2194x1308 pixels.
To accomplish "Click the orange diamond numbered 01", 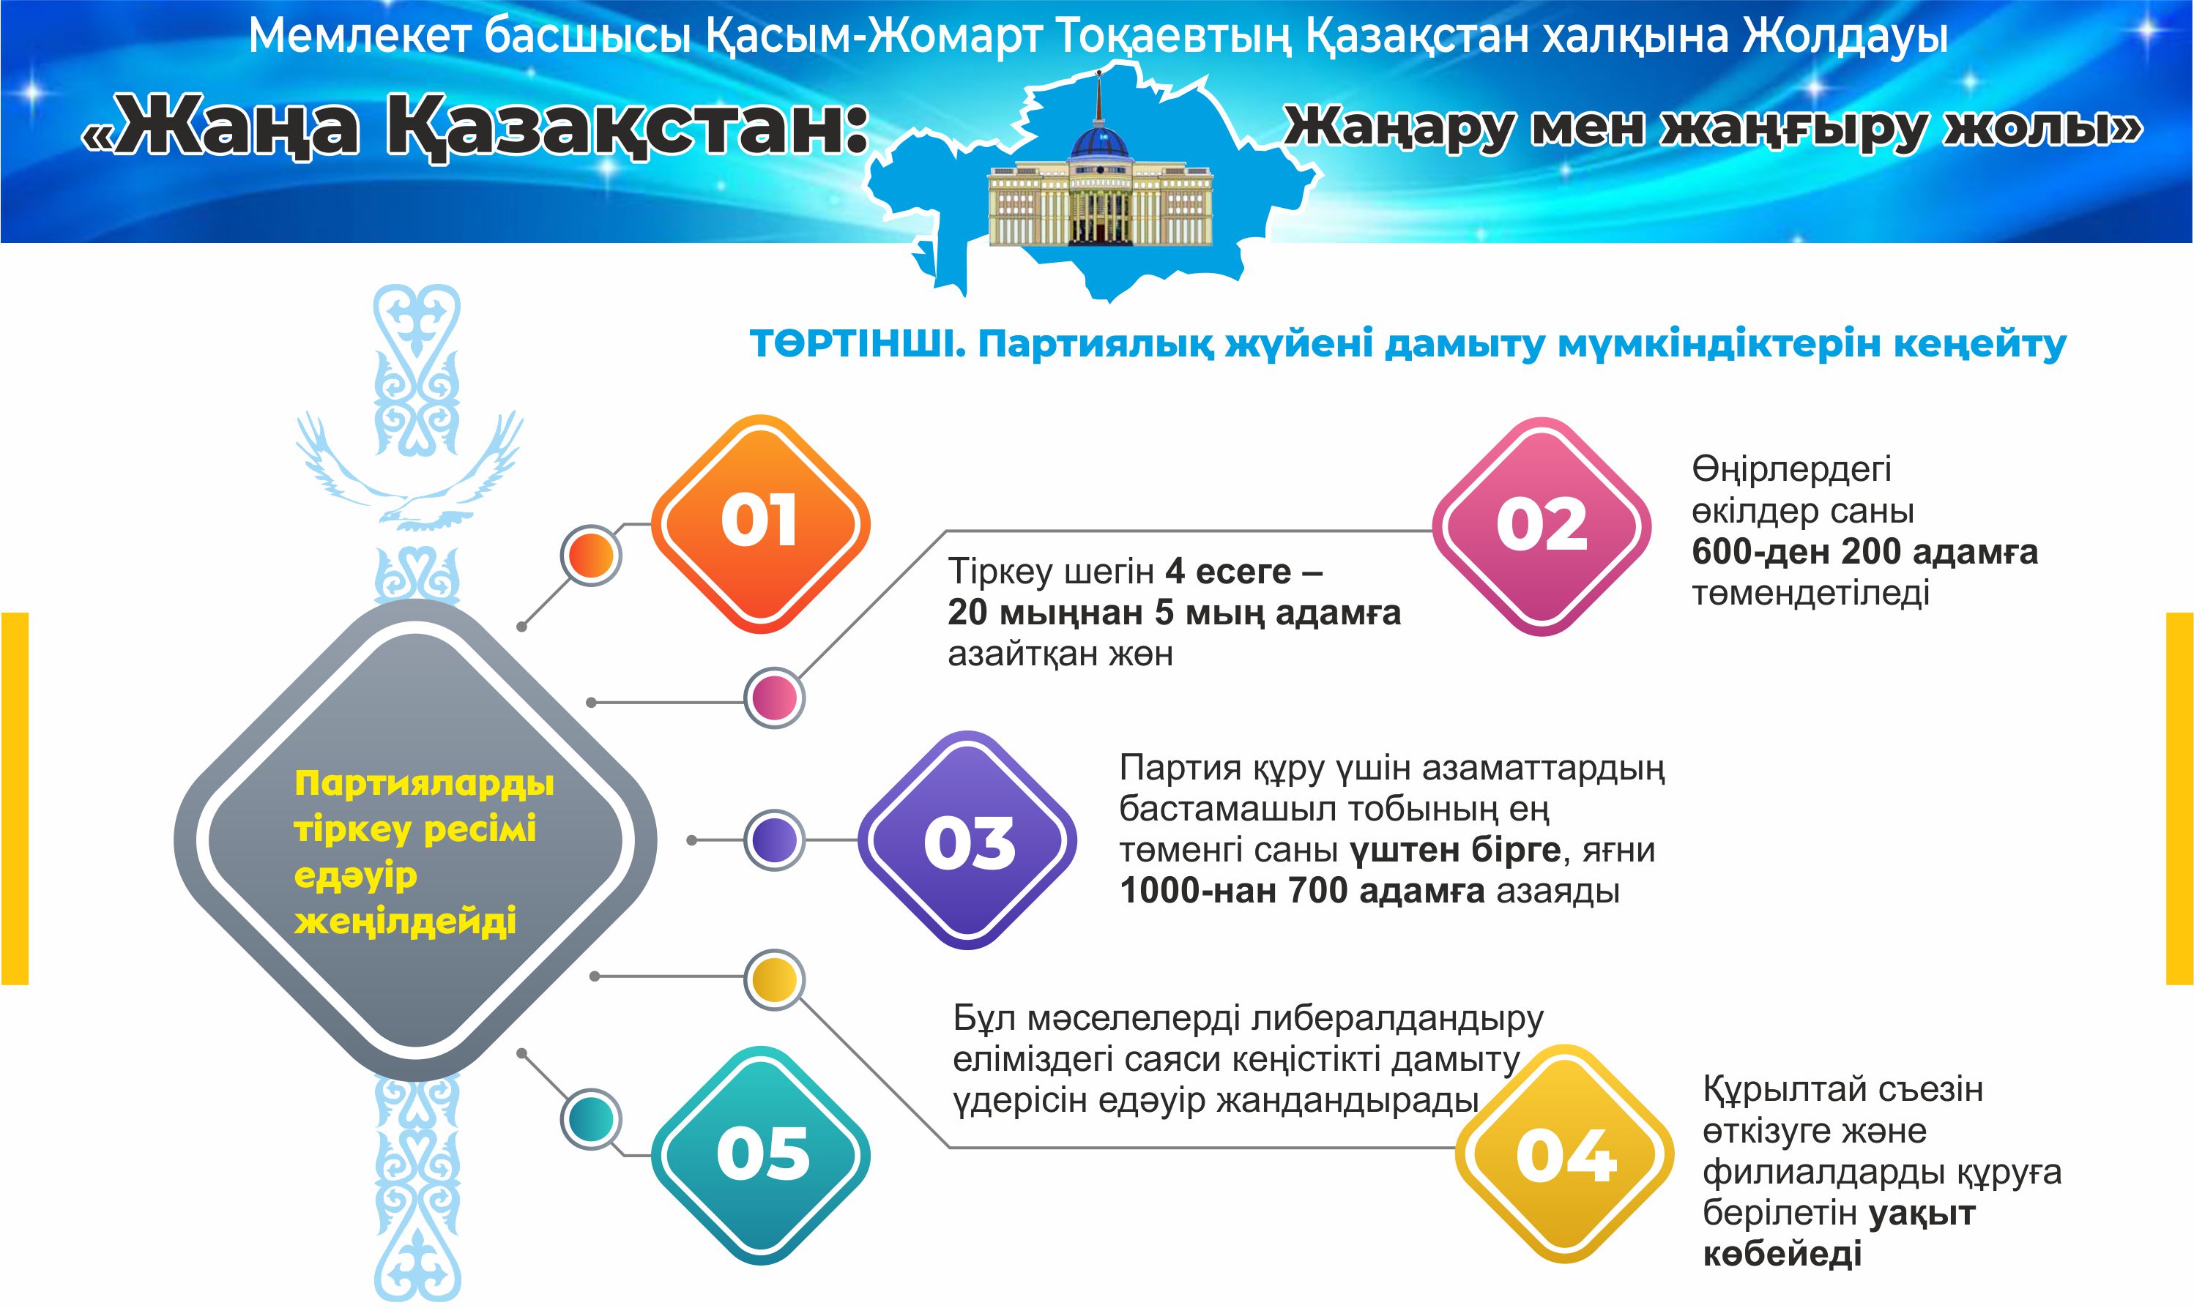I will tap(760, 523).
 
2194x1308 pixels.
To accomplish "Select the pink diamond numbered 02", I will tap(1541, 527).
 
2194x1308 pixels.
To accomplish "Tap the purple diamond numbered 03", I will tap(967, 841).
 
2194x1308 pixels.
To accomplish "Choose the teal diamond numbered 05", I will tap(761, 1154).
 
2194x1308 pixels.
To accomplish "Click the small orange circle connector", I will tap(591, 556).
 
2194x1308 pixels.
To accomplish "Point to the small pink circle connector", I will tap(775, 698).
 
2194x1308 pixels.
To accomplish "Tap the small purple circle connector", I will tap(774, 840).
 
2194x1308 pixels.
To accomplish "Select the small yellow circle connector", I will tap(774, 979).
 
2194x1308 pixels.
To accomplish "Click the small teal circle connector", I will tap(590, 1118).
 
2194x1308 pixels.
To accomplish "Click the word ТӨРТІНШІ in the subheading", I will tap(851, 344).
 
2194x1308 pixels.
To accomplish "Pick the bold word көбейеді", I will tap(1781, 1253).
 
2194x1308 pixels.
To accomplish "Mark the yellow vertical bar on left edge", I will tap(15, 798).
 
